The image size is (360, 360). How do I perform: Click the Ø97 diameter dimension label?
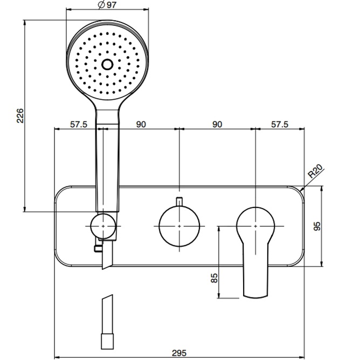[x=107, y=5]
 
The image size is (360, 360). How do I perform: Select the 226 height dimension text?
[x=20, y=116]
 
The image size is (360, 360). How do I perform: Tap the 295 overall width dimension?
[x=179, y=352]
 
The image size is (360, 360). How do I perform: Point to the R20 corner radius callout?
[x=315, y=171]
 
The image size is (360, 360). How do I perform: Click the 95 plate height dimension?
[x=317, y=226]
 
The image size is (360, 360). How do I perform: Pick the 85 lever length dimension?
[x=214, y=278]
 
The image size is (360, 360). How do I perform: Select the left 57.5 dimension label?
[x=79, y=124]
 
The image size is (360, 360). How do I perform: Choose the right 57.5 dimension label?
[x=279, y=124]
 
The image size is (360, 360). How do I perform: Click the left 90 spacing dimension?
[x=141, y=124]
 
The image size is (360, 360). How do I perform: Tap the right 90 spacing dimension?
[x=217, y=124]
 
